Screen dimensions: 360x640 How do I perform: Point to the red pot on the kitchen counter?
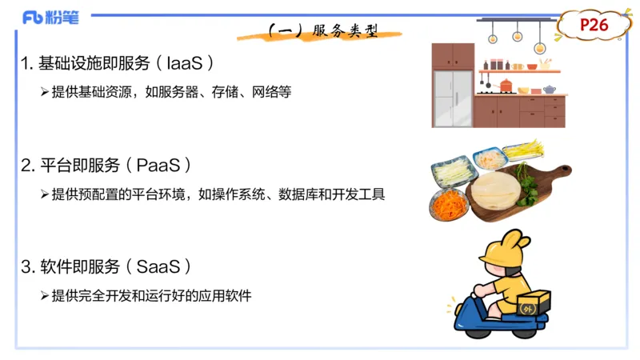(x=505, y=85)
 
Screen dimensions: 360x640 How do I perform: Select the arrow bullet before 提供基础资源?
(x=45, y=92)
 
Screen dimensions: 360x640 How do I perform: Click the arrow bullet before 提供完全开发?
(x=45, y=295)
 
